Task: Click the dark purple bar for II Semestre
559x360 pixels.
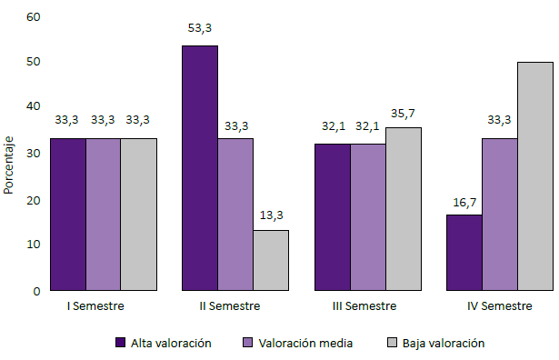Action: (200, 168)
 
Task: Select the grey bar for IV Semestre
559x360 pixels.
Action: (534, 176)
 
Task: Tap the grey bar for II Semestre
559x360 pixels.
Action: (271, 260)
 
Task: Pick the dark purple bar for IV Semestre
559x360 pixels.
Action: (464, 253)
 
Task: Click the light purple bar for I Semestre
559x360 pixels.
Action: (104, 215)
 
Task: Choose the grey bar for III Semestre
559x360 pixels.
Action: (403, 209)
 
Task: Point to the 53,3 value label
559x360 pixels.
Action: (200, 29)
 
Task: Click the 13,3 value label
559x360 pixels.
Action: (271, 215)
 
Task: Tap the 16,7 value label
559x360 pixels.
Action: (464, 199)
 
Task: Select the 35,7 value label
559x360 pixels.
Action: (403, 113)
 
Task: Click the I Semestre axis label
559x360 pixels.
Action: (95, 306)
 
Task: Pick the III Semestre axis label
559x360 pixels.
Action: (364, 306)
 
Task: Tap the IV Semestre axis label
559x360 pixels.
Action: (499, 306)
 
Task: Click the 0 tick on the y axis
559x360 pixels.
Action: (36, 291)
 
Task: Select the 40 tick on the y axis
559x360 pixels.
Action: (34, 106)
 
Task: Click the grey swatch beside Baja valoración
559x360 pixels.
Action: (392, 343)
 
